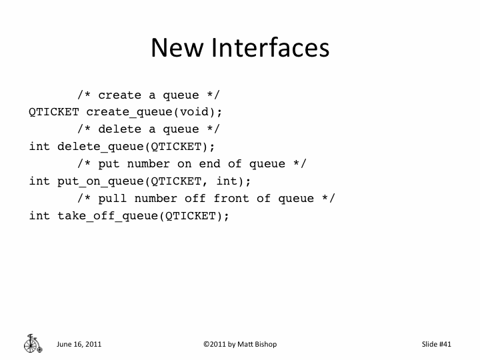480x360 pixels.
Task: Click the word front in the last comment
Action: [x=230, y=198]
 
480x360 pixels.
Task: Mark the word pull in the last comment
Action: [x=111, y=198]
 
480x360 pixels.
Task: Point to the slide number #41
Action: [x=445, y=344]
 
